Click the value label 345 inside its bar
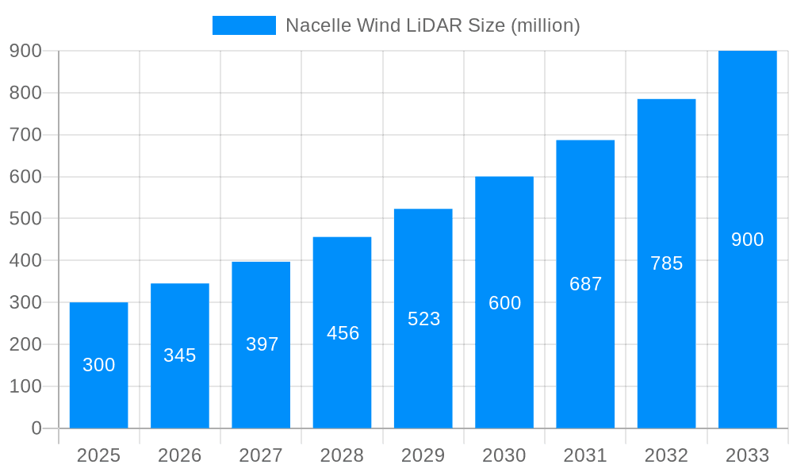click(180, 355)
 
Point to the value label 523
click(424, 319)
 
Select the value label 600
click(505, 303)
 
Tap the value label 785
click(667, 263)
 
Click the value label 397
click(262, 344)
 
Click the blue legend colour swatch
click(244, 25)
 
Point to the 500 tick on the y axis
click(25, 218)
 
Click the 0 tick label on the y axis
click(36, 428)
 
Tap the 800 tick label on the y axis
click(25, 93)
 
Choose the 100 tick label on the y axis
click(25, 386)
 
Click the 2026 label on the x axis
click(180, 455)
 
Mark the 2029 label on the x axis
click(423, 455)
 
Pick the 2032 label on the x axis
click(666, 455)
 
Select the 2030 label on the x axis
click(504, 455)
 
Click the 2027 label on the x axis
click(261, 455)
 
